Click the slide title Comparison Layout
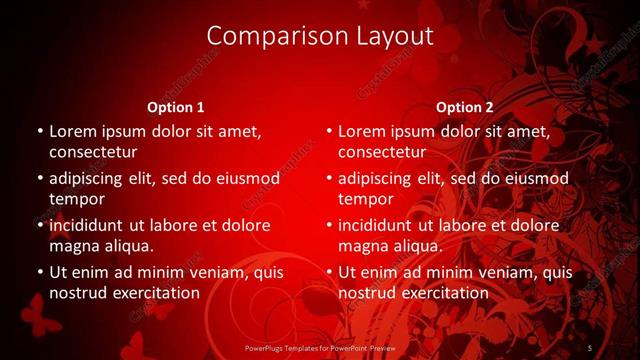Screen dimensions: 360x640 click(320, 36)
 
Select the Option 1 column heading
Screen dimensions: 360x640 click(176, 107)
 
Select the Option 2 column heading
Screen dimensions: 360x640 click(465, 107)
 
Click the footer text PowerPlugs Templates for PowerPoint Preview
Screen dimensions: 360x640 click(320, 347)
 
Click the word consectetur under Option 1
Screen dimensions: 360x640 click(93, 152)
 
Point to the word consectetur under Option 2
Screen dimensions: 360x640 click(382, 152)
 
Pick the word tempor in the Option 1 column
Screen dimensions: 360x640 click(77, 199)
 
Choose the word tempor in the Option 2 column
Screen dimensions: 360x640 click(366, 199)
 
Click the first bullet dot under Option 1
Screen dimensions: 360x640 click(39, 132)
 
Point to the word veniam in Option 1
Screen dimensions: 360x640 click(204, 272)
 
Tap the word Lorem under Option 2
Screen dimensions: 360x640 click(361, 131)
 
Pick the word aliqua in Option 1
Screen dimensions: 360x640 click(131, 246)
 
